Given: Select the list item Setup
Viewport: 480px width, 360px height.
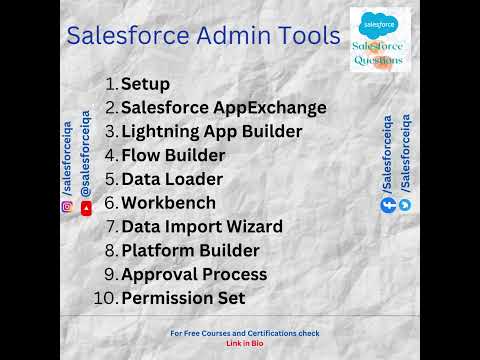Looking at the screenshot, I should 145,84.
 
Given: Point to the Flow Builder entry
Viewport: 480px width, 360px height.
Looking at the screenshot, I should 173,155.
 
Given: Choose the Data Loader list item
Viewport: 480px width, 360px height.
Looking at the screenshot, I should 172,179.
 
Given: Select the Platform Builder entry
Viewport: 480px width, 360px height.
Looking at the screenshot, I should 190,250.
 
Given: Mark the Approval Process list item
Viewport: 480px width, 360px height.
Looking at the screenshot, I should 194,274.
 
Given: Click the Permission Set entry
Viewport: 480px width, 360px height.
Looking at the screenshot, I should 183,298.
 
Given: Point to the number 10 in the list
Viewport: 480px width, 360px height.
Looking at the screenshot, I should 105,298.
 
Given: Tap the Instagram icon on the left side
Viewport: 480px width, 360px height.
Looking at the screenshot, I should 67,207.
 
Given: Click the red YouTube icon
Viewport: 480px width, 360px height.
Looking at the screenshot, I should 86,208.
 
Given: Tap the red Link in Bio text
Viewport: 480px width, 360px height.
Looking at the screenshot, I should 245,343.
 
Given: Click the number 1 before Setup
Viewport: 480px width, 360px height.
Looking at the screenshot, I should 111,84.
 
